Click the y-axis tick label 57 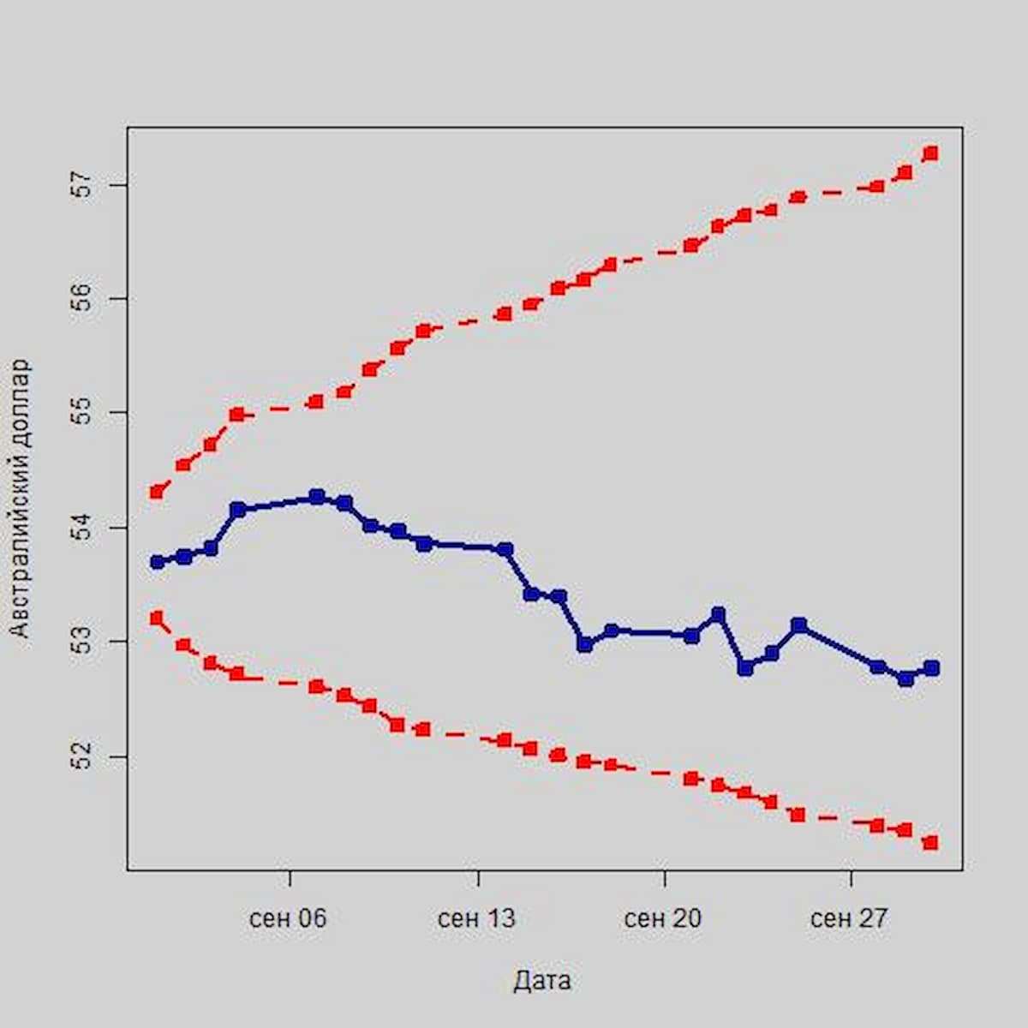(x=82, y=185)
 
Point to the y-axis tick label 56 (x=82, y=299)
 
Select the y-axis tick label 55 (x=82, y=413)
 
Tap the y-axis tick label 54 (x=82, y=528)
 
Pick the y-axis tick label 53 (x=82, y=642)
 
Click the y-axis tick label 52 (x=82, y=756)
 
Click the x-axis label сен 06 (x=289, y=919)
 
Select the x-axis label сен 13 (x=476, y=919)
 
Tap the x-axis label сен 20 (x=663, y=919)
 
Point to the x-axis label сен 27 (x=850, y=919)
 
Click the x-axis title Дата (x=542, y=981)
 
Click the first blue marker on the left (x=157, y=562)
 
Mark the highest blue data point (x=317, y=497)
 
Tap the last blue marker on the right (x=931, y=668)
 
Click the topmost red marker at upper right (x=931, y=153)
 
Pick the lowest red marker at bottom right (x=931, y=843)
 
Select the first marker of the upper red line (x=157, y=492)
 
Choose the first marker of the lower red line (x=157, y=618)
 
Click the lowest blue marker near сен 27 (x=905, y=678)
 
